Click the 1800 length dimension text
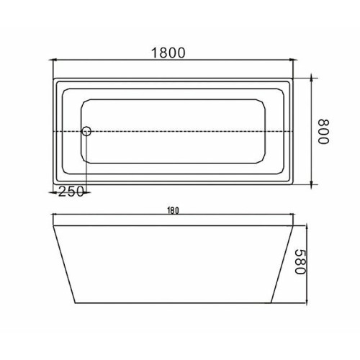coord(168,53)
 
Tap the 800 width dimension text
coord(323,132)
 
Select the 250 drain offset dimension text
coord(71,192)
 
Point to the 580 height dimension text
coord(300,261)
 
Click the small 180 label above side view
coord(173,210)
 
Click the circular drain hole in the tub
coord(86,131)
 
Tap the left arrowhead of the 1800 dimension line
coord(53,60)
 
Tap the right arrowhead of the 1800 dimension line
coord(293,60)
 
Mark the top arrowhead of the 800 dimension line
coord(311,78)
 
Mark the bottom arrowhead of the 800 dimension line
coord(311,185)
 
